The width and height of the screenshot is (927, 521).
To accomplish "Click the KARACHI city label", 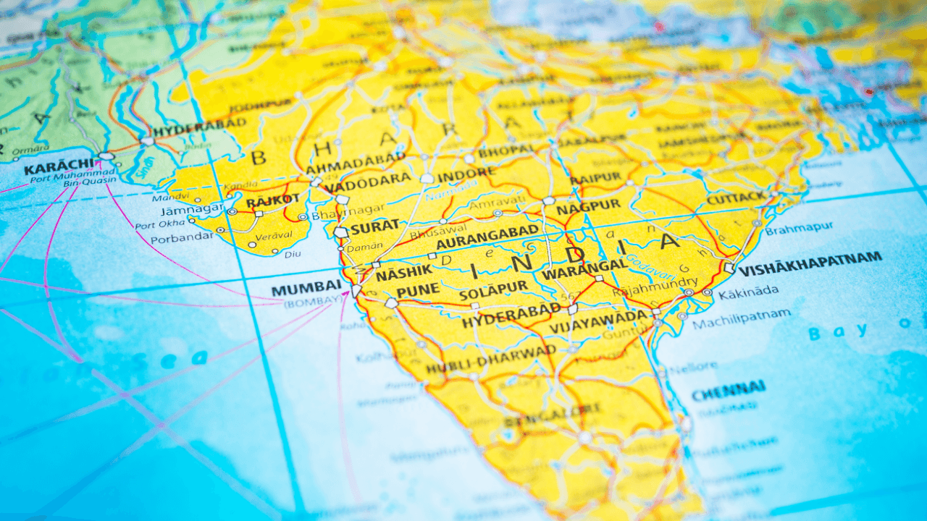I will (59, 169).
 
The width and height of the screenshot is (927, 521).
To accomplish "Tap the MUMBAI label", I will (306, 289).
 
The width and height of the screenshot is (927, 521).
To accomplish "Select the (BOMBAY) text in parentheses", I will (313, 302).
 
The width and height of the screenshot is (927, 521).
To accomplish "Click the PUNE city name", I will (418, 291).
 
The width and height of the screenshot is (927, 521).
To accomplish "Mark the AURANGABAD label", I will (487, 237).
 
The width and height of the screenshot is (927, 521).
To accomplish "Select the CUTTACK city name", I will (736, 198).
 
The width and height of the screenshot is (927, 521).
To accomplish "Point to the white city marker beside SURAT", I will (341, 232).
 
